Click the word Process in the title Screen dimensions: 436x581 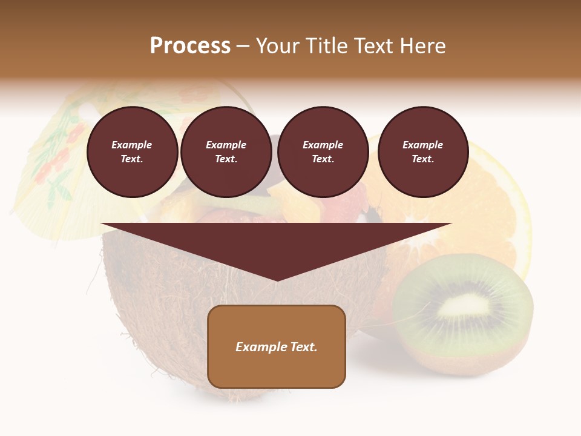pyautogui.click(x=190, y=46)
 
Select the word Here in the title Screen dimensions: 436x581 pyautogui.click(x=422, y=46)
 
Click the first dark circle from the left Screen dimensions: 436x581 pyautogui.click(x=132, y=152)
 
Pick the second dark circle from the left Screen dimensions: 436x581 pyautogui.click(x=226, y=152)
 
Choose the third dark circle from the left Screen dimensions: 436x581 pyautogui.click(x=323, y=152)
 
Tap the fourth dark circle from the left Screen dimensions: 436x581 pyautogui.click(x=422, y=152)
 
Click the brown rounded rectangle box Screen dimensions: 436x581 pyautogui.click(x=277, y=346)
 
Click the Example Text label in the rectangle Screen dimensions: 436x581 pyautogui.click(x=277, y=347)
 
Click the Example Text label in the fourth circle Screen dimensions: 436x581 pyautogui.click(x=422, y=152)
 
